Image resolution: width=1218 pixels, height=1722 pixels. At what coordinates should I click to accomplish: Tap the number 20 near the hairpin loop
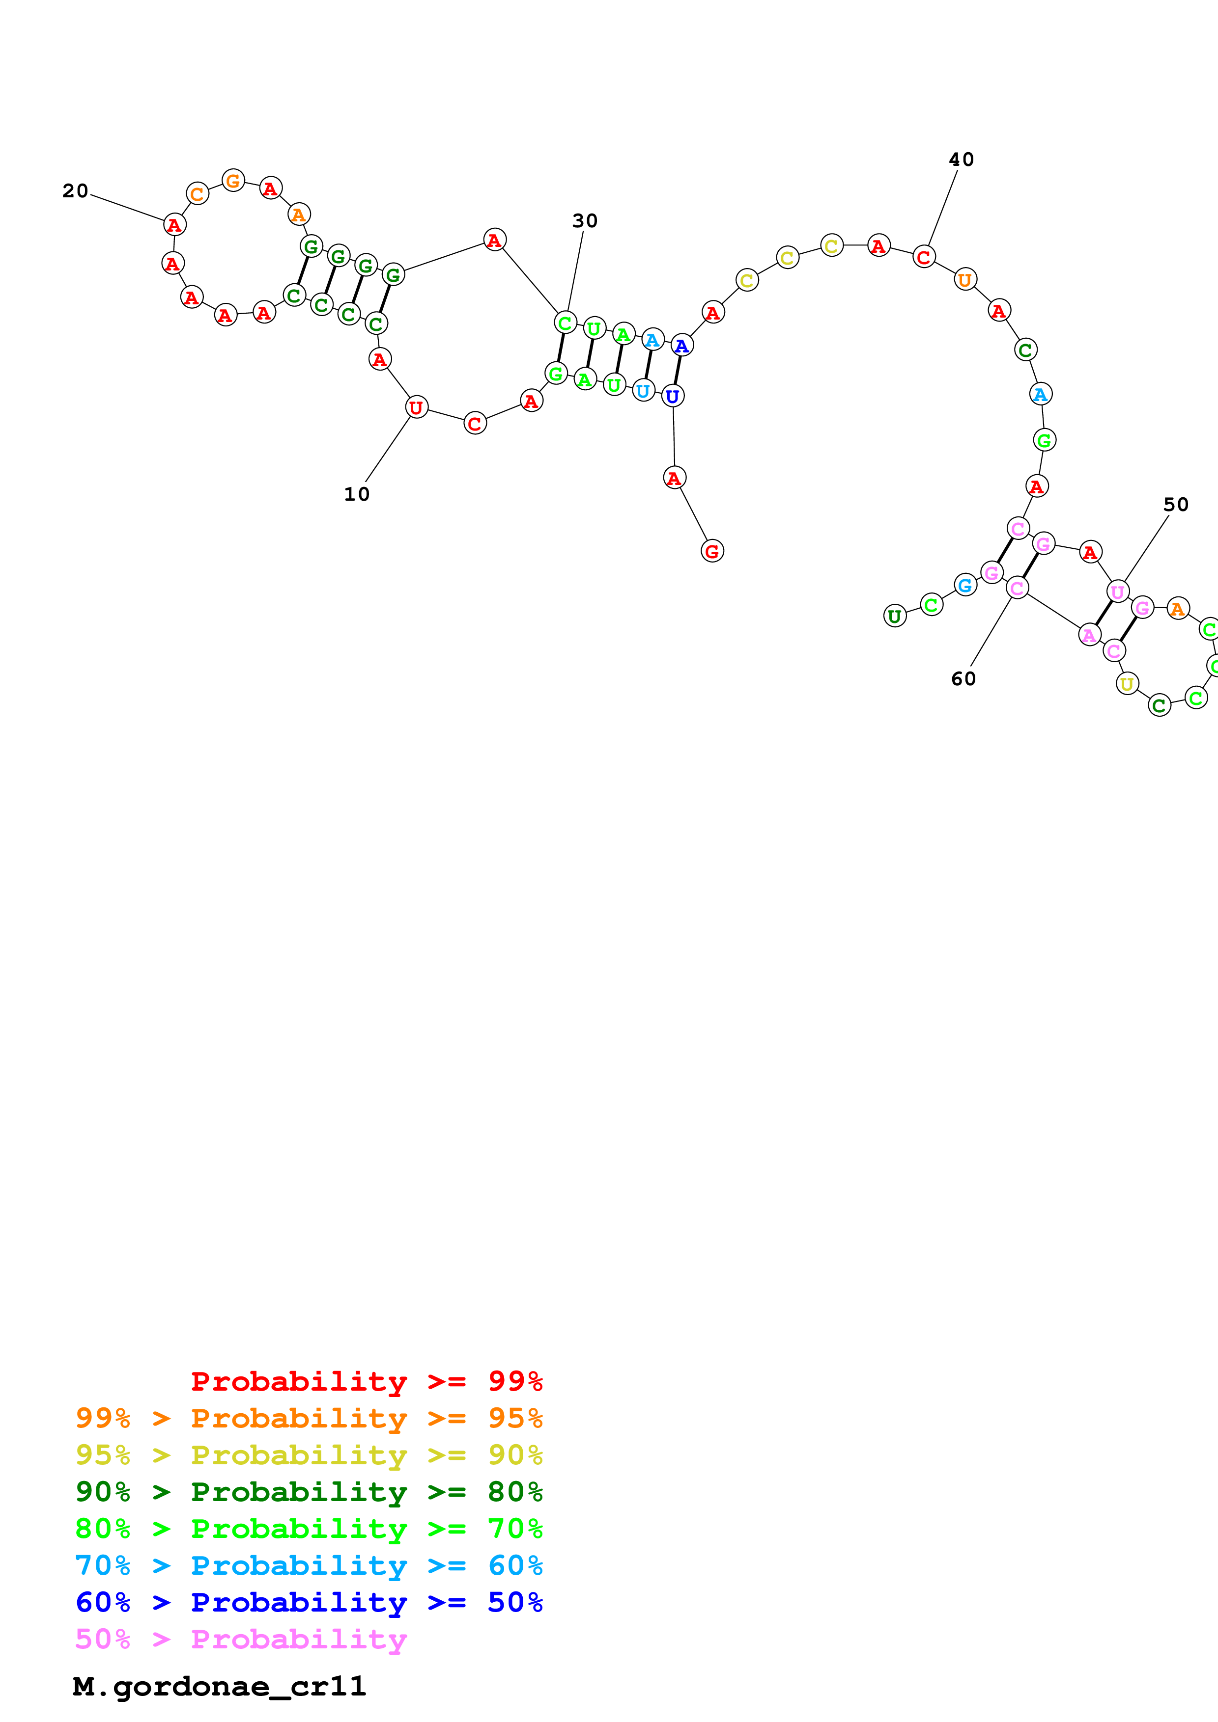pos(75,191)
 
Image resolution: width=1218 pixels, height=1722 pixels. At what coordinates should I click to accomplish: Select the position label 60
pos(963,679)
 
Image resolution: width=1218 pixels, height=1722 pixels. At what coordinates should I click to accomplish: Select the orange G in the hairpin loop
pos(233,181)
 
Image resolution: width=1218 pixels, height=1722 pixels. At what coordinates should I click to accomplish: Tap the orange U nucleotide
pos(964,280)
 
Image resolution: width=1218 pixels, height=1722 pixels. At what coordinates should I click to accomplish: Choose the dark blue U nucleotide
pos(673,396)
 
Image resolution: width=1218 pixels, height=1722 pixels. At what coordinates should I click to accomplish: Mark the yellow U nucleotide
pos(1127,683)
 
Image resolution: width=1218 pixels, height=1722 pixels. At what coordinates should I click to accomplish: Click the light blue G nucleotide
pos(965,585)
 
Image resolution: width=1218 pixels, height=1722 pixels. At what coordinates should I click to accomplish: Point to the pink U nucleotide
pos(1117,592)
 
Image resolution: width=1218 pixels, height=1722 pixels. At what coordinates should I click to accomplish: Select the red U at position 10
pos(416,407)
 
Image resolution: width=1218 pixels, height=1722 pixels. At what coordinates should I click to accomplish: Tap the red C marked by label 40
pos(923,257)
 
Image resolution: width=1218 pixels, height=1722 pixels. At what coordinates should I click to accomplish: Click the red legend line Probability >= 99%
pos(366,1381)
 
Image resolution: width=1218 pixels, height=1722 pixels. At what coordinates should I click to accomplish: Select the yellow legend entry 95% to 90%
pos(309,1455)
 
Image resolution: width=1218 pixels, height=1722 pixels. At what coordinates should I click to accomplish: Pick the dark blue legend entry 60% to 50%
pos(309,1602)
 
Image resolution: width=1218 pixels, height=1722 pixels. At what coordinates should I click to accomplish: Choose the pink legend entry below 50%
pos(241,1640)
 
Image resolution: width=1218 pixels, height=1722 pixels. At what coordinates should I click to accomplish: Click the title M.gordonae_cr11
pos(219,1687)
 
